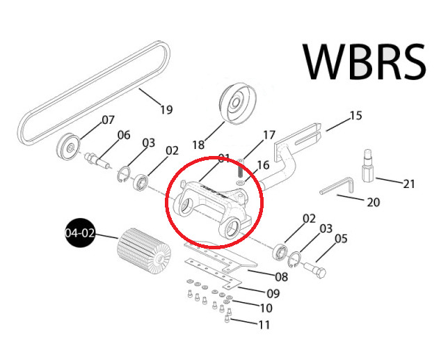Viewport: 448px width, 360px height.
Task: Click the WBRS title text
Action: coord(365,61)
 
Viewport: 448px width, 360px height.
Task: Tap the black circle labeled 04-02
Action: coord(80,233)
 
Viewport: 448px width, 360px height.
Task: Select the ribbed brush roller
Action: coord(144,251)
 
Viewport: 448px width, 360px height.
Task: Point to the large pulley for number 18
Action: coord(238,104)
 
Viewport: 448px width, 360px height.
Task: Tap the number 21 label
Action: coord(408,184)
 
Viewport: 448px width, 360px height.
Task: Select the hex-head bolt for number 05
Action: coord(314,269)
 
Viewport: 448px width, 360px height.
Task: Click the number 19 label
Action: coord(166,109)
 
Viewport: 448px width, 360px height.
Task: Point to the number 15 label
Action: coord(356,116)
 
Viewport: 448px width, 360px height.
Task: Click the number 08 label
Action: coord(282,277)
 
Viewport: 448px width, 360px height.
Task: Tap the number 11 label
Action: coord(264,324)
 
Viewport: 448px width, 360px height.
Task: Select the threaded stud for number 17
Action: coord(241,169)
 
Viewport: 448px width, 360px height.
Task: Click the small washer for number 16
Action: coord(240,182)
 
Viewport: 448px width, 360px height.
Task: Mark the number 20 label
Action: coord(373,203)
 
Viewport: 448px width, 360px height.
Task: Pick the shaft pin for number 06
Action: coord(97,160)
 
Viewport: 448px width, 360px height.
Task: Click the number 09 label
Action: coord(273,294)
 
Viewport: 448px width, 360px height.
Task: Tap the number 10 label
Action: coord(266,308)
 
